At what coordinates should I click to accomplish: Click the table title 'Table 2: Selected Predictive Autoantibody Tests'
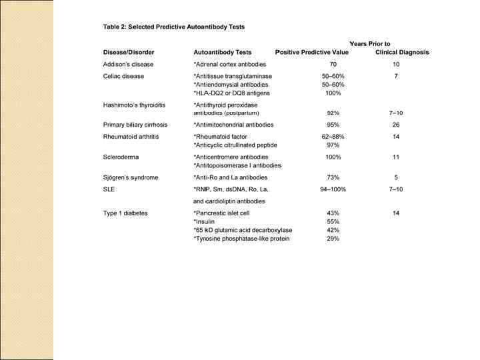point(173,27)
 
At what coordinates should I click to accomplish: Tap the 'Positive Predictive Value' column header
point(312,52)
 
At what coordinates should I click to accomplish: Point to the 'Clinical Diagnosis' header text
point(402,52)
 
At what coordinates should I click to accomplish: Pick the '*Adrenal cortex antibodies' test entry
point(229,65)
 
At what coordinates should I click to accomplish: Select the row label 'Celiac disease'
point(124,77)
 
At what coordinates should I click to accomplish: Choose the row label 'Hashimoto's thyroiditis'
point(134,105)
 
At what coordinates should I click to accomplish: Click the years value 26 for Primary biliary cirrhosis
point(396,125)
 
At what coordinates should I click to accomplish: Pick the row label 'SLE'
point(109,189)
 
